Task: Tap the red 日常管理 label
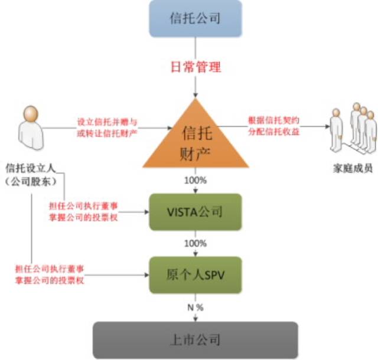click(195, 67)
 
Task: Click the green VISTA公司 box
click(195, 211)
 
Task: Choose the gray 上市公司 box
click(195, 339)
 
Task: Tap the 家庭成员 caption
click(353, 169)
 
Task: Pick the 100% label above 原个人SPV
click(195, 243)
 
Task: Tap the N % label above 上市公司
click(195, 306)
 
